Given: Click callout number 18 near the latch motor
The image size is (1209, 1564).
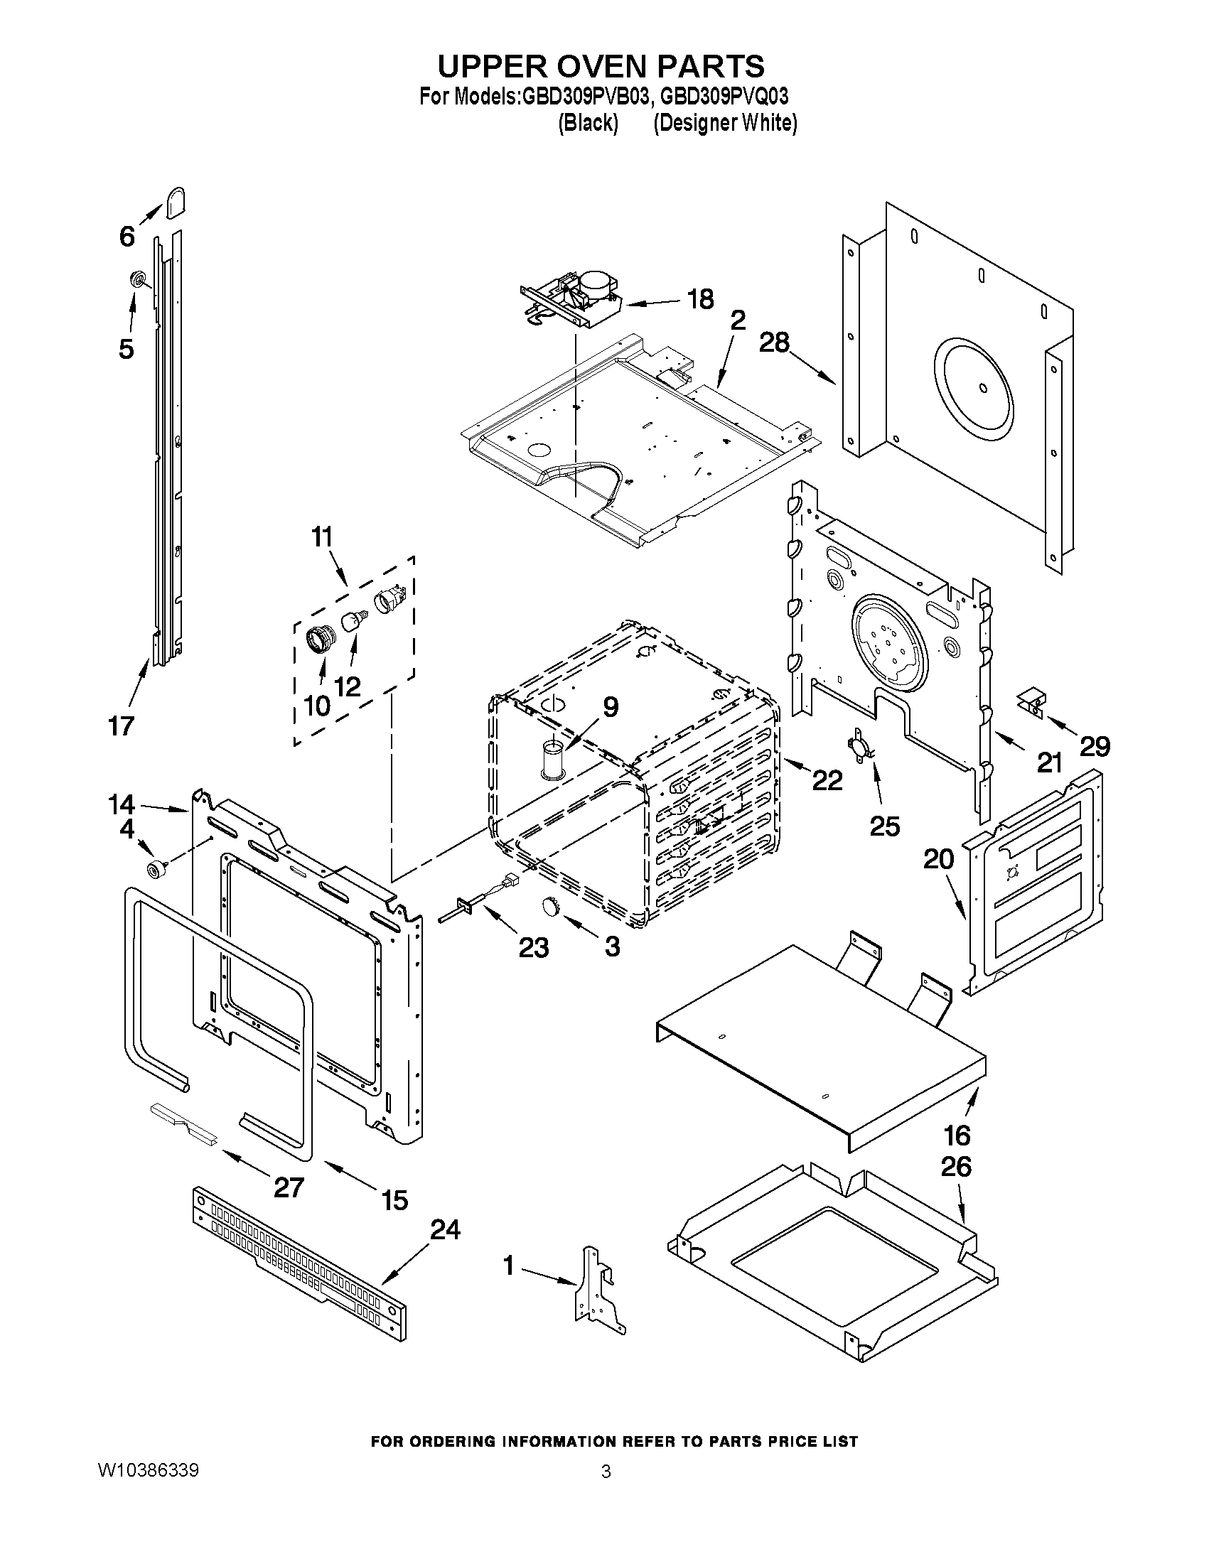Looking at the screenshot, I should tap(701, 298).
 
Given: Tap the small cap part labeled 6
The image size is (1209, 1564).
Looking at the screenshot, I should tap(176, 203).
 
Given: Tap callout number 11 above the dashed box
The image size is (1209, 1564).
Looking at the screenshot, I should tap(322, 536).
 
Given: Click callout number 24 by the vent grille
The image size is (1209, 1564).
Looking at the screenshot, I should tap(445, 1229).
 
